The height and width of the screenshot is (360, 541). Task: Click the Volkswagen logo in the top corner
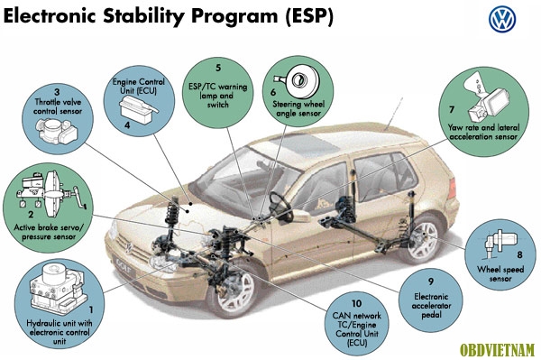pyautogui.click(x=502, y=20)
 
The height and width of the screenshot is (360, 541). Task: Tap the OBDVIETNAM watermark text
pyautogui.click(x=497, y=350)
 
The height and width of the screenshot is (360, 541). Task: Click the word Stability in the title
pyautogui.click(x=143, y=16)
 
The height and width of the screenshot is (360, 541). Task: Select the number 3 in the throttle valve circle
pyautogui.click(x=57, y=92)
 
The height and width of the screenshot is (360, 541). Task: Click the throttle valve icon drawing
pyautogui.click(x=58, y=132)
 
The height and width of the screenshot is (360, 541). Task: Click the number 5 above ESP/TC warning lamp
pyautogui.click(x=218, y=68)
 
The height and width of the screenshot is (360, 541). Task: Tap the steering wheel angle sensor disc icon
pyautogui.click(x=296, y=81)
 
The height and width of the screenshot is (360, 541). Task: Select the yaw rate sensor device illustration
pyautogui.click(x=486, y=97)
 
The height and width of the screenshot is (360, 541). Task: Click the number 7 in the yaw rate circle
pyautogui.click(x=452, y=110)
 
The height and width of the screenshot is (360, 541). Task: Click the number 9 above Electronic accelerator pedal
pyautogui.click(x=431, y=282)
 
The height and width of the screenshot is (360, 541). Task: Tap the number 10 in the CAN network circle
pyautogui.click(x=357, y=303)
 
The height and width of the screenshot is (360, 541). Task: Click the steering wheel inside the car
pyautogui.click(x=280, y=208)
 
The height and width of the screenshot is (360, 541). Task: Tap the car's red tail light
pyautogui.click(x=452, y=189)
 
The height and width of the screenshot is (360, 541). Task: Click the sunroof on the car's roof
pyautogui.click(x=305, y=144)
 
